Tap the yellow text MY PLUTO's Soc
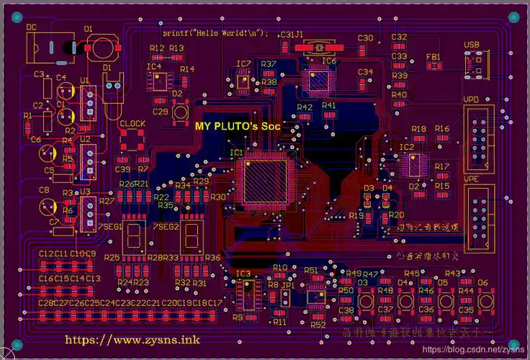238,125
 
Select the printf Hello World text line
215,33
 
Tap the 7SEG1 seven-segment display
134,235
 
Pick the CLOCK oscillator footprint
132,141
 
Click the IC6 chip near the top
318,81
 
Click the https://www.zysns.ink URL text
132,339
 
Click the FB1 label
434,56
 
